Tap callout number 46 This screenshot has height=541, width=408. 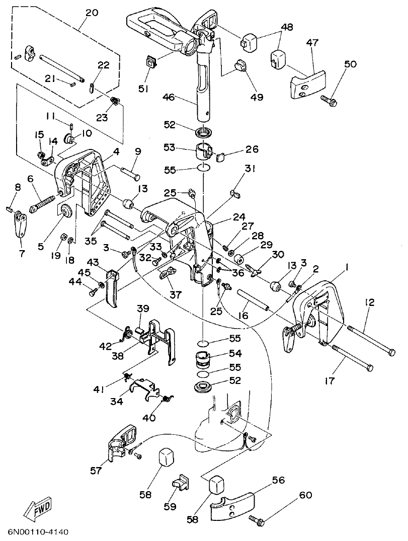click(169, 97)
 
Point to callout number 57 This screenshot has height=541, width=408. click(96, 471)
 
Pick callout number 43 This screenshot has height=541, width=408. click(94, 263)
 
